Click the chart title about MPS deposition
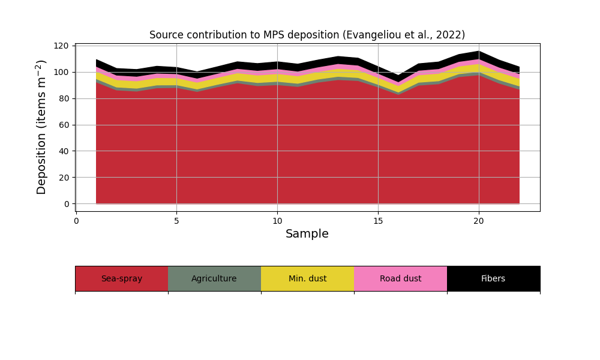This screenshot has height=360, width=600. click(307, 35)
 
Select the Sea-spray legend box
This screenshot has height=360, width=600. click(121, 278)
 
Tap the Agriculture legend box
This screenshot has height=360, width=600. click(214, 278)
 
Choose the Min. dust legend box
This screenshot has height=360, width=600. click(307, 278)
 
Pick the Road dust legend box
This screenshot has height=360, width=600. click(400, 278)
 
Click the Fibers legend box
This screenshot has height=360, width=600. click(493, 278)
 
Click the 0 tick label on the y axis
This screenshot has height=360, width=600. click(67, 204)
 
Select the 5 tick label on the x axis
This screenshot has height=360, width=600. click(176, 220)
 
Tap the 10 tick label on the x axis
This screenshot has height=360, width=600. click(277, 220)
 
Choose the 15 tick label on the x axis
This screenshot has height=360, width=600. click(378, 220)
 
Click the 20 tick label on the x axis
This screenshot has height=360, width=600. click(479, 220)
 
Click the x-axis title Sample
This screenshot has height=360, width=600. click(307, 234)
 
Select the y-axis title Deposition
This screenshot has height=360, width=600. click(41, 127)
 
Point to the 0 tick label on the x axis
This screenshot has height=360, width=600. click(76, 220)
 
